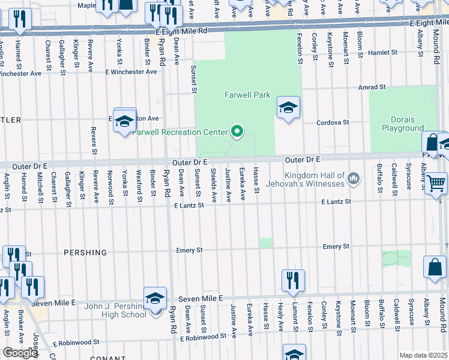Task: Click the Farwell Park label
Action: point(247,95)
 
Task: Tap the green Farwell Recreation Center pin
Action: point(237,132)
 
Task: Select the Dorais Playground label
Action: point(403,124)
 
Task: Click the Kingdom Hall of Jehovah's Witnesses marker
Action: point(354,178)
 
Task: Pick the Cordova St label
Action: point(333,122)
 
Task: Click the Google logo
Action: point(19,353)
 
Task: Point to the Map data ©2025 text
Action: point(423,355)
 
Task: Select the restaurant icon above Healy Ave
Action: point(293,280)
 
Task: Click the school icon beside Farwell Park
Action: point(288,108)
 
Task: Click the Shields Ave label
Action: point(213,185)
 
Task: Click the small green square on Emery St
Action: point(265,242)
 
